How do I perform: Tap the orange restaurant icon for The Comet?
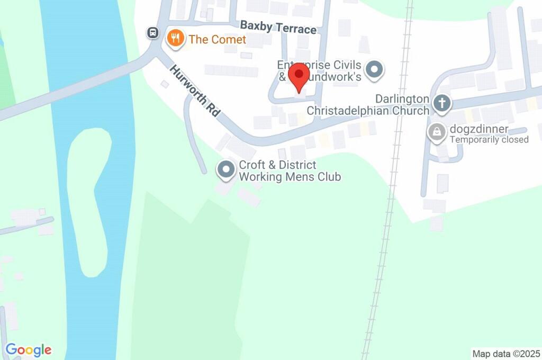click(x=175, y=38)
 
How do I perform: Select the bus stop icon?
click(x=153, y=33)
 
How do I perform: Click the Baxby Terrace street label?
click(x=278, y=27)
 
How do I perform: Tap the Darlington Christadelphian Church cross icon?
click(x=441, y=103)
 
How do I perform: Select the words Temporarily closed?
click(x=489, y=140)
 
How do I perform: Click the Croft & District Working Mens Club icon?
click(x=227, y=170)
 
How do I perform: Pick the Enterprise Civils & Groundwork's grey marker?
click(x=375, y=69)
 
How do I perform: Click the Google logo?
click(x=29, y=350)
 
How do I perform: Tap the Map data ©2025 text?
click(x=506, y=353)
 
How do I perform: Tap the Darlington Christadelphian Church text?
click(x=367, y=105)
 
